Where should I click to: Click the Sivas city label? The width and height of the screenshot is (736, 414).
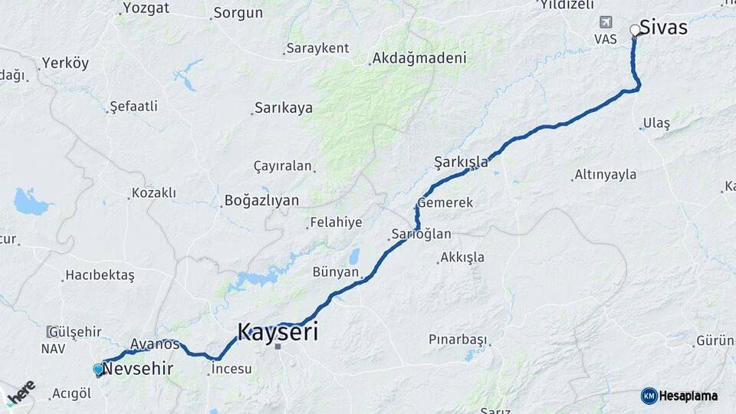coord(665,28)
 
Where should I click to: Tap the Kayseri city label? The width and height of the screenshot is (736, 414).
coord(278,332)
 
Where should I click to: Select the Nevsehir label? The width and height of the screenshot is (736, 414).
coord(139,370)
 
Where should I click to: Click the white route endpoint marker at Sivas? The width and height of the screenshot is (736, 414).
coord(635,31)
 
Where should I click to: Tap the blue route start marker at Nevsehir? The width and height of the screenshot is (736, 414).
coord(98,370)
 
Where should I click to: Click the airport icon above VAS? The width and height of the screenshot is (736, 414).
coord(606,22)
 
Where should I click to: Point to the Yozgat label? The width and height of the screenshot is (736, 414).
coord(146,10)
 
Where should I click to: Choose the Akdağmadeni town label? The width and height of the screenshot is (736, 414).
coord(419,58)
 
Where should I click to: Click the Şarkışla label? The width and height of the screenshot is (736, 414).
coord(461,162)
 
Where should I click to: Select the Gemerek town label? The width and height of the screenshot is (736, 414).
coord(445,203)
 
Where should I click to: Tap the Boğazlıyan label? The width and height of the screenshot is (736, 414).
coord(261,201)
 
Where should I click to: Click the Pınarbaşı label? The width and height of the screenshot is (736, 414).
coord(457,339)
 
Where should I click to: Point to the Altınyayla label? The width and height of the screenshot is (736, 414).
coord(606,175)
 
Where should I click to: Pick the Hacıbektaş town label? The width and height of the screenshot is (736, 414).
coord(100,275)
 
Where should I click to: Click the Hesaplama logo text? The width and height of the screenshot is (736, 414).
coord(688,396)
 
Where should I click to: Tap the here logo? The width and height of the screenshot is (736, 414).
coord(21,393)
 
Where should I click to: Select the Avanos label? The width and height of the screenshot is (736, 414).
coord(155,344)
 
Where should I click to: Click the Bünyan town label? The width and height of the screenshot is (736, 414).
coord(336,272)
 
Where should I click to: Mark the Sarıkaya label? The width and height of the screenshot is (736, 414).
coord(284,108)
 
